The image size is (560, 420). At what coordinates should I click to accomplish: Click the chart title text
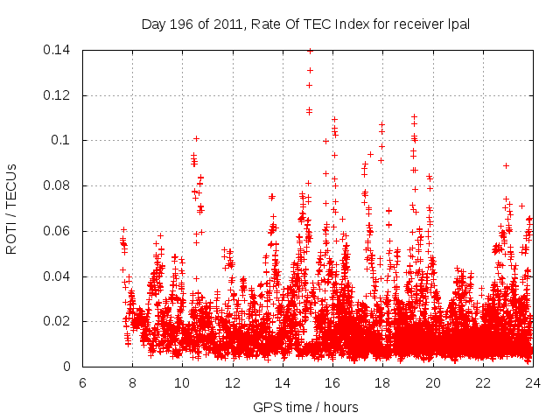tap(305, 24)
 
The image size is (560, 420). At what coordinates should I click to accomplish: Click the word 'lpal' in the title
tap(458, 24)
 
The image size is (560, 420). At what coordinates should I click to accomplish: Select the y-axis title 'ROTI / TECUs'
tap(11, 208)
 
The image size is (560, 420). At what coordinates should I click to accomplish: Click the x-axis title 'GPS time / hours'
tap(306, 407)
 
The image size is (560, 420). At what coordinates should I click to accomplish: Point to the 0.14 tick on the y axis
tap(59, 50)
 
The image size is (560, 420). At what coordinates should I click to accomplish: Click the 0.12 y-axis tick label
tap(59, 95)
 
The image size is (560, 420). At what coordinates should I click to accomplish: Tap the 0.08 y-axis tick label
tap(59, 186)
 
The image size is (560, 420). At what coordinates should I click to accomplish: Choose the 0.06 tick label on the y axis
tap(59, 232)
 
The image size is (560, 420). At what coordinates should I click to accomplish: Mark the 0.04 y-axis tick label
tap(59, 276)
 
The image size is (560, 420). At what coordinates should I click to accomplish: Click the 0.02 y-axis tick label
tap(59, 322)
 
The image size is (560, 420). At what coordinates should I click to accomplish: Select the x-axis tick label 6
tap(83, 382)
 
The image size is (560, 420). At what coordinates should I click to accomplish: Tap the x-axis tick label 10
tap(183, 382)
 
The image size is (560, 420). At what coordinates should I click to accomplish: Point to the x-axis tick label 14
tap(283, 382)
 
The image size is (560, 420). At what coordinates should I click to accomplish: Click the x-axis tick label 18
tap(382, 382)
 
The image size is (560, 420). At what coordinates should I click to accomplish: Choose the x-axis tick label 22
tap(482, 382)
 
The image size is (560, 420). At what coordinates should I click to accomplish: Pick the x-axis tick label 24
tap(532, 382)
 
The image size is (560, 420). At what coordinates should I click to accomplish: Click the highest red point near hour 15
tap(310, 51)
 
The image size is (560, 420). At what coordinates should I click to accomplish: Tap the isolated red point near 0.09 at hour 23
tap(506, 165)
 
